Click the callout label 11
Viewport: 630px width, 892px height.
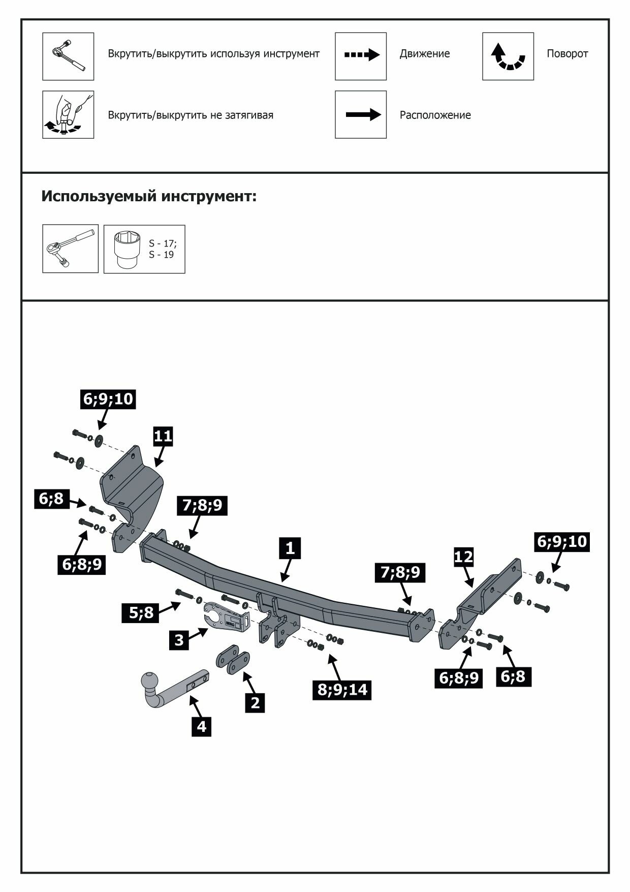click(x=163, y=436)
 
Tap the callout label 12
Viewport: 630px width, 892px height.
click(x=463, y=557)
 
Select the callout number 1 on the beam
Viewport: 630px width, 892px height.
click(x=290, y=548)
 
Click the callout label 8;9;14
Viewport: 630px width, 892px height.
click(x=342, y=690)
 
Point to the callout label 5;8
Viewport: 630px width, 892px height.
click(x=141, y=612)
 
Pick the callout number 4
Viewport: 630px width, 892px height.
click(x=202, y=726)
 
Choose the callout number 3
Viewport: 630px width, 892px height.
click(x=179, y=639)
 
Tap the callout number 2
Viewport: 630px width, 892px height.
click(x=255, y=702)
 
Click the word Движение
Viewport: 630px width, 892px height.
click(x=424, y=54)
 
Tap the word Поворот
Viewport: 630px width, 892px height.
click(x=567, y=54)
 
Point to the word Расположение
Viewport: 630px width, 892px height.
click(x=435, y=115)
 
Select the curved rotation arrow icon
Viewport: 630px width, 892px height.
click(x=508, y=56)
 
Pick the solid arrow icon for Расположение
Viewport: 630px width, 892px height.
click(x=361, y=115)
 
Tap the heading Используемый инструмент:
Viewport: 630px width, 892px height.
click(x=149, y=196)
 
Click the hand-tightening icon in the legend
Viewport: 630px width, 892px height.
click(x=68, y=115)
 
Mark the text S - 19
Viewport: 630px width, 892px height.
click(x=161, y=255)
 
